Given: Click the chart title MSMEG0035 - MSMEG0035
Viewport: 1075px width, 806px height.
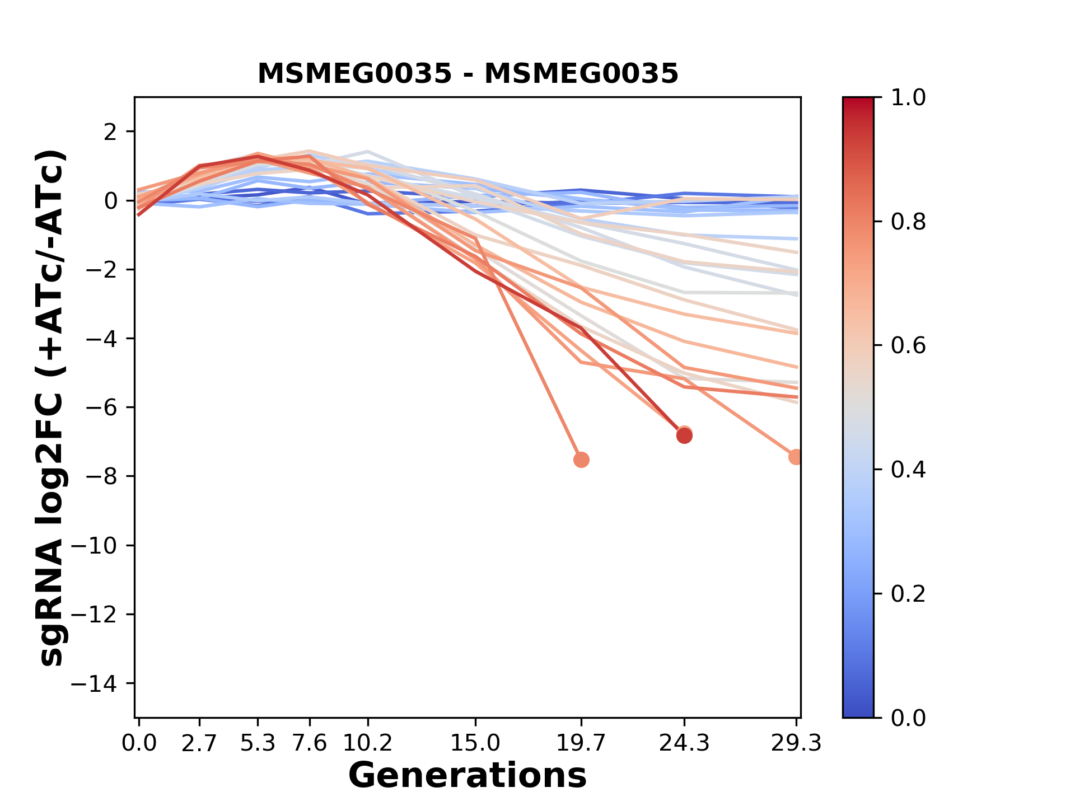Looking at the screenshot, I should pos(468,74).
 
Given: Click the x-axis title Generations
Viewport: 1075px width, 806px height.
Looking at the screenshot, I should pos(468,775).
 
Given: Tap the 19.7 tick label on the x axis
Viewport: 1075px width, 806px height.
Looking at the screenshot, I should pos(581,743).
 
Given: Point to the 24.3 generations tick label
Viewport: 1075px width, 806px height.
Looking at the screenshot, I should pos(684,743).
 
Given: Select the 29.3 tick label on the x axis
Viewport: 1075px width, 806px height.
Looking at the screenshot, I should pos(796,743).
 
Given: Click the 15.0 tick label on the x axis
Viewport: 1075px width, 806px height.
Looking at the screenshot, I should pos(475,743).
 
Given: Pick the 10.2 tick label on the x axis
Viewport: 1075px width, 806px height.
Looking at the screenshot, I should pos(367,743).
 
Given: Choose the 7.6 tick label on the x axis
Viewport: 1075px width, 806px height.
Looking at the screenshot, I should pos(310,743).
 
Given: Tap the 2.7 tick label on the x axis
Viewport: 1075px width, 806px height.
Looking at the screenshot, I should pos(199,743).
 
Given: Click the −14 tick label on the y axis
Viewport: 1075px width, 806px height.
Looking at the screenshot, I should pos(101,683).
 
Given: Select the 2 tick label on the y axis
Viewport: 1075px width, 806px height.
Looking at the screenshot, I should pos(111,132).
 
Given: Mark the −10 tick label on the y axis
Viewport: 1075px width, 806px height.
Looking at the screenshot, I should pos(101,546).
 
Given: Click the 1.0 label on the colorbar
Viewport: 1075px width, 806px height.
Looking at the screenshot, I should pos(908,98).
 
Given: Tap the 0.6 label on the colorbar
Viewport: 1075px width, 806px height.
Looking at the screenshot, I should pos(908,346).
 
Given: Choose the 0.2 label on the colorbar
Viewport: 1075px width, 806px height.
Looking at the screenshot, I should pos(908,594).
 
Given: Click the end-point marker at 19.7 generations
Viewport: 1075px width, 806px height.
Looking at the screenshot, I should pos(581,460).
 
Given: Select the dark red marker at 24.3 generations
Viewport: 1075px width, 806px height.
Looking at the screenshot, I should pos(684,435).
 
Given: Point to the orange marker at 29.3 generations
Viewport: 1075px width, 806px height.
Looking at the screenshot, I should pos(795,457).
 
